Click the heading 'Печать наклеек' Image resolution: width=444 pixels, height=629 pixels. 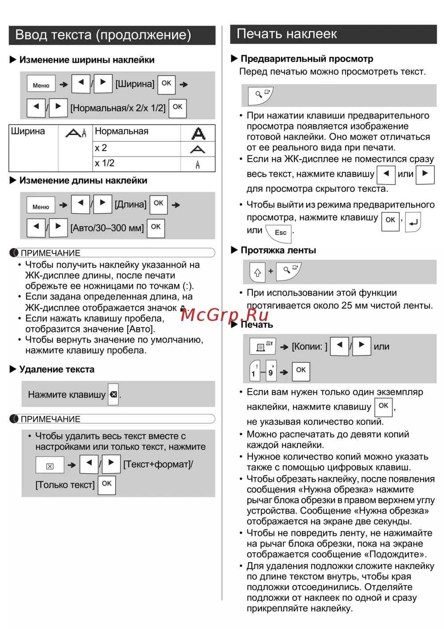tap(287, 34)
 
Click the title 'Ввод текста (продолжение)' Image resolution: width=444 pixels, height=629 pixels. tap(103, 35)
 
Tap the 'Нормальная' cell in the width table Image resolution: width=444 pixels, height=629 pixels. tap(122, 132)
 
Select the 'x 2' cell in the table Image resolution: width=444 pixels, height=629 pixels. tap(101, 148)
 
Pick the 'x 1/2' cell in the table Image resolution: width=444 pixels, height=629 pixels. tap(105, 163)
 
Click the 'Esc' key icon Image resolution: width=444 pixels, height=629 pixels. tap(279, 232)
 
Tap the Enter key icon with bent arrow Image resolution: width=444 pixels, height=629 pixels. tap(413, 222)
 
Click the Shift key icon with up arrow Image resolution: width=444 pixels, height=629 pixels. tap(258, 272)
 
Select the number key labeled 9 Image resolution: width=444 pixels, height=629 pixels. tap(271, 371)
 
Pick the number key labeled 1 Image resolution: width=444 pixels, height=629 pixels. tap(254, 371)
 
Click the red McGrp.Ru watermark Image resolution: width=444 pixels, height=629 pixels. tap(225, 315)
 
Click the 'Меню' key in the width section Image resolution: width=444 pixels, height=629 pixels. tap(41, 84)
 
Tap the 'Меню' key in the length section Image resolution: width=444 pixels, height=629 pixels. tap(41, 206)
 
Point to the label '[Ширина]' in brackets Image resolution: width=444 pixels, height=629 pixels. tap(135, 84)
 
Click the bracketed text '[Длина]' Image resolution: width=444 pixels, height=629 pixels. tap(131, 204)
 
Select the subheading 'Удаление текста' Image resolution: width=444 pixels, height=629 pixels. tap(57, 369)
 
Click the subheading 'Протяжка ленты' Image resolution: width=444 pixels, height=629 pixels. tap(278, 250)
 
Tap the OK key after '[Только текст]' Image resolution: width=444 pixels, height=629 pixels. tap(107, 484)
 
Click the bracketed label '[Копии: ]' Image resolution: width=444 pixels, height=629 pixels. tap(309, 347)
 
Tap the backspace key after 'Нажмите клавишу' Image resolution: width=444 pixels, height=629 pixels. tap(114, 394)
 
